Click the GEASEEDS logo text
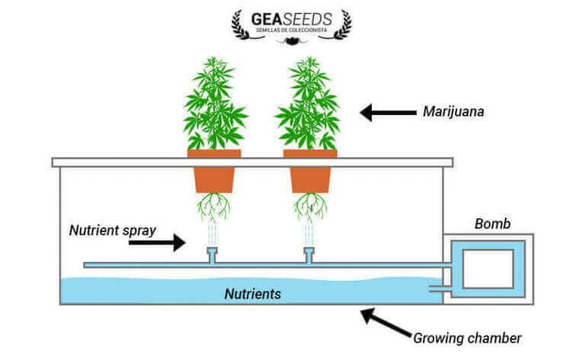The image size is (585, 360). pyautogui.click(x=292, y=17)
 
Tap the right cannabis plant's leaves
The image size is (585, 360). pyautogui.click(x=308, y=107)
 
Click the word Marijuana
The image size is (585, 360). pyautogui.click(x=454, y=113)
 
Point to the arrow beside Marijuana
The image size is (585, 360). pyautogui.click(x=385, y=113)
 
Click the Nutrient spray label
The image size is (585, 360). pyautogui.click(x=113, y=228)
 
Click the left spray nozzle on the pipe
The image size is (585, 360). pyautogui.click(x=213, y=254)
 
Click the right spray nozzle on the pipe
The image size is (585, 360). pyautogui.click(x=308, y=254)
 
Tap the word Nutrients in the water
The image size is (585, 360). pyautogui.click(x=253, y=292)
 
